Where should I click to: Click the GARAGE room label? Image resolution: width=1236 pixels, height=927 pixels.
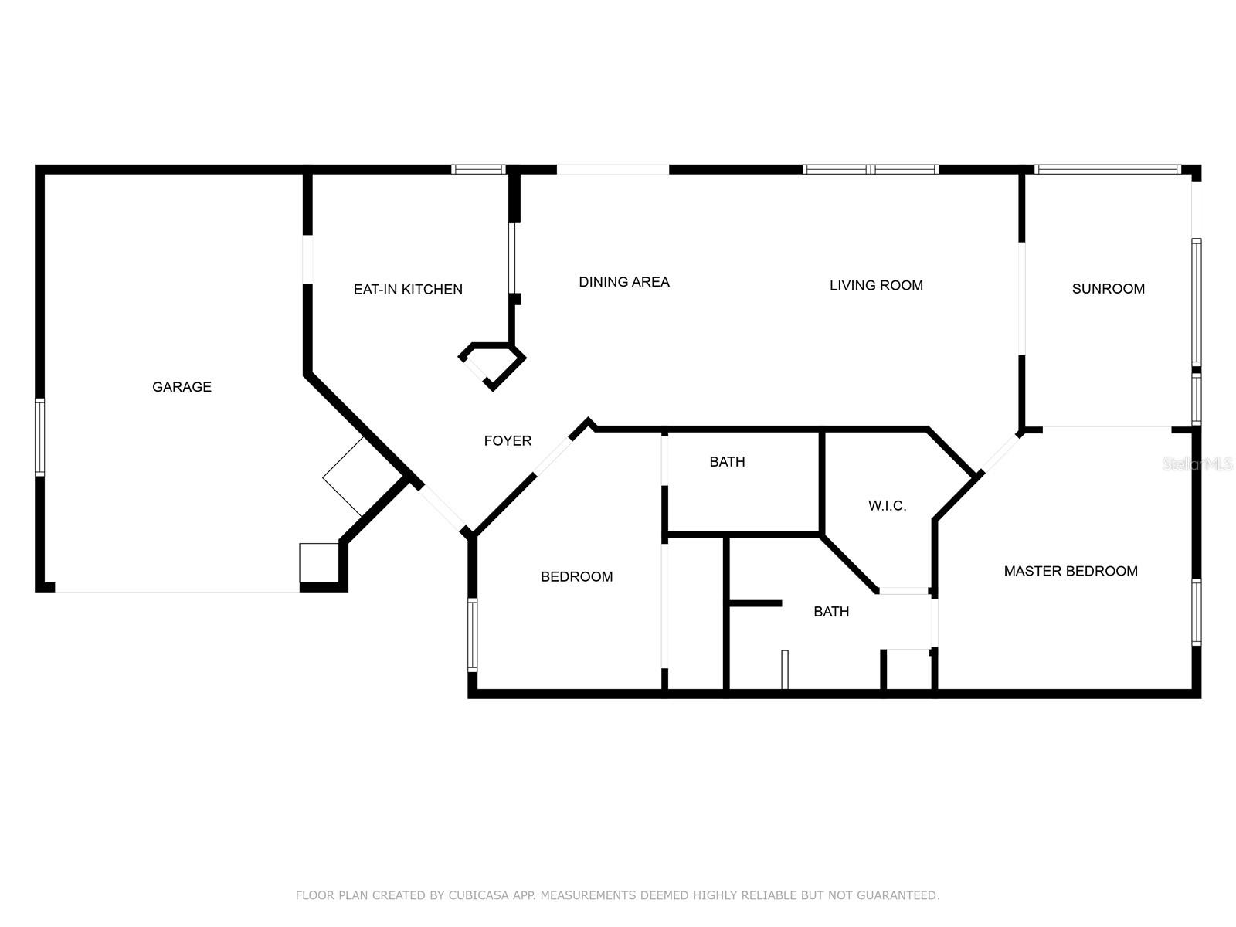pos(182,387)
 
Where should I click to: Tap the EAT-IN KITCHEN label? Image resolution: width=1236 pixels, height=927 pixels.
pos(408,290)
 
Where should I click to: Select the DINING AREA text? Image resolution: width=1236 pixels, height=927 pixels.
pos(624,282)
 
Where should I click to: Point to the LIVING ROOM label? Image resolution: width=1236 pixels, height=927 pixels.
pos(876,285)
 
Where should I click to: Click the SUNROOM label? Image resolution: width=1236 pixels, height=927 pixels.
pos(1108,289)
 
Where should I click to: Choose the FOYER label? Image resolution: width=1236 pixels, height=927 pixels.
pos(508,441)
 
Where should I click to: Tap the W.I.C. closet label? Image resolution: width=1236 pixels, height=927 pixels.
pos(887,506)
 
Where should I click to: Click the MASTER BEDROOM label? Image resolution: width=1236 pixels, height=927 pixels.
pos(1070,571)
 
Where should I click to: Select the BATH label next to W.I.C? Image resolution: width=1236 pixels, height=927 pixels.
pos(727,462)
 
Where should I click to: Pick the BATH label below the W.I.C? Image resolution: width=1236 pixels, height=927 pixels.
pos(831,612)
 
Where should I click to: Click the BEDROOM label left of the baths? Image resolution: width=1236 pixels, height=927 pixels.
pos(576,576)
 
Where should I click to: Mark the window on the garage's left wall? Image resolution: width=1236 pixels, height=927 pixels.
pos(39,436)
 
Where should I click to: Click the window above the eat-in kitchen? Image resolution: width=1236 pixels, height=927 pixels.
pos(478,169)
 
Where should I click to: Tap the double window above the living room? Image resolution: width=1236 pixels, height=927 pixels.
pos(871,169)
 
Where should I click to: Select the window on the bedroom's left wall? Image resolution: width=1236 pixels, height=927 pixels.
pos(472,633)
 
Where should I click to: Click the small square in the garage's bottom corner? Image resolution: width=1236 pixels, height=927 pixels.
pos(319,562)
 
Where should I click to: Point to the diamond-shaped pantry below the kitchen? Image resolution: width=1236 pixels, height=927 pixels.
pos(492,365)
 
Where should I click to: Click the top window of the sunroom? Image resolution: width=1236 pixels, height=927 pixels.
pos(1107,169)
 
